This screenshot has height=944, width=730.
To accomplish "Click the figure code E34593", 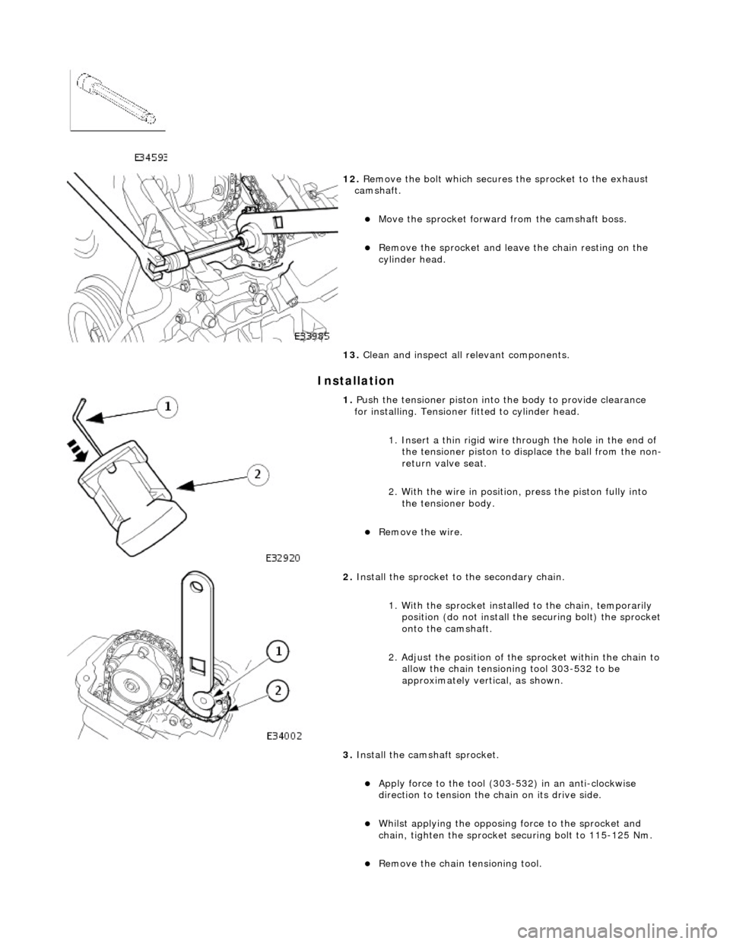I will [x=151, y=157].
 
